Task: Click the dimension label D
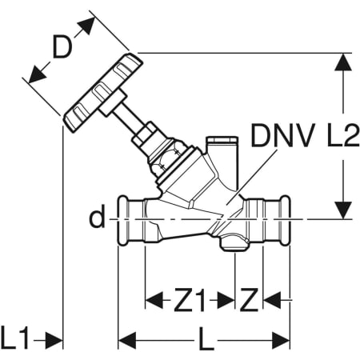pyautogui.click(x=63, y=47)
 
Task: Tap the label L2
pyautogui.click(x=343, y=135)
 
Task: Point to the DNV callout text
pyautogui.click(x=282, y=135)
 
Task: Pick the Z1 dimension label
pyautogui.click(x=189, y=300)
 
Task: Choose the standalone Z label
pyautogui.click(x=249, y=300)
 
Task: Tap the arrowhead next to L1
pyautogui.click(x=54, y=340)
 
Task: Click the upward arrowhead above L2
pyautogui.click(x=343, y=62)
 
